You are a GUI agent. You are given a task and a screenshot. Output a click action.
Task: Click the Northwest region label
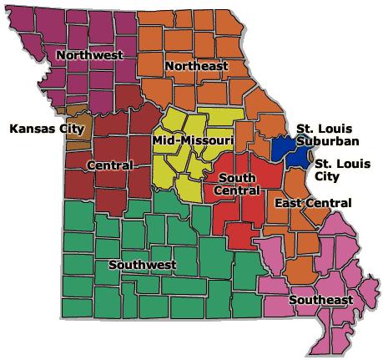pyautogui.click(x=89, y=55)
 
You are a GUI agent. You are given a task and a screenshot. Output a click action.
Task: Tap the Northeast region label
pyautogui.click(x=197, y=65)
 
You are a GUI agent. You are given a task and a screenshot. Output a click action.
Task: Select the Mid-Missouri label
pyautogui.click(x=193, y=142)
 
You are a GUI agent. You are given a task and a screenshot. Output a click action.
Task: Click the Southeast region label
pyautogui.click(x=321, y=300)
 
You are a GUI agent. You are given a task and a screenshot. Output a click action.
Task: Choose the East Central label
pyautogui.click(x=313, y=203)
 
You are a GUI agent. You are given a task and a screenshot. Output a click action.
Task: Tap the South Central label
pyautogui.click(x=237, y=184)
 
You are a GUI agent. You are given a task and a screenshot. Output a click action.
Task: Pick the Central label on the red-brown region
pyautogui.click(x=108, y=165)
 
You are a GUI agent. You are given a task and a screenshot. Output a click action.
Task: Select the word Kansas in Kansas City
pyautogui.click(x=28, y=129)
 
